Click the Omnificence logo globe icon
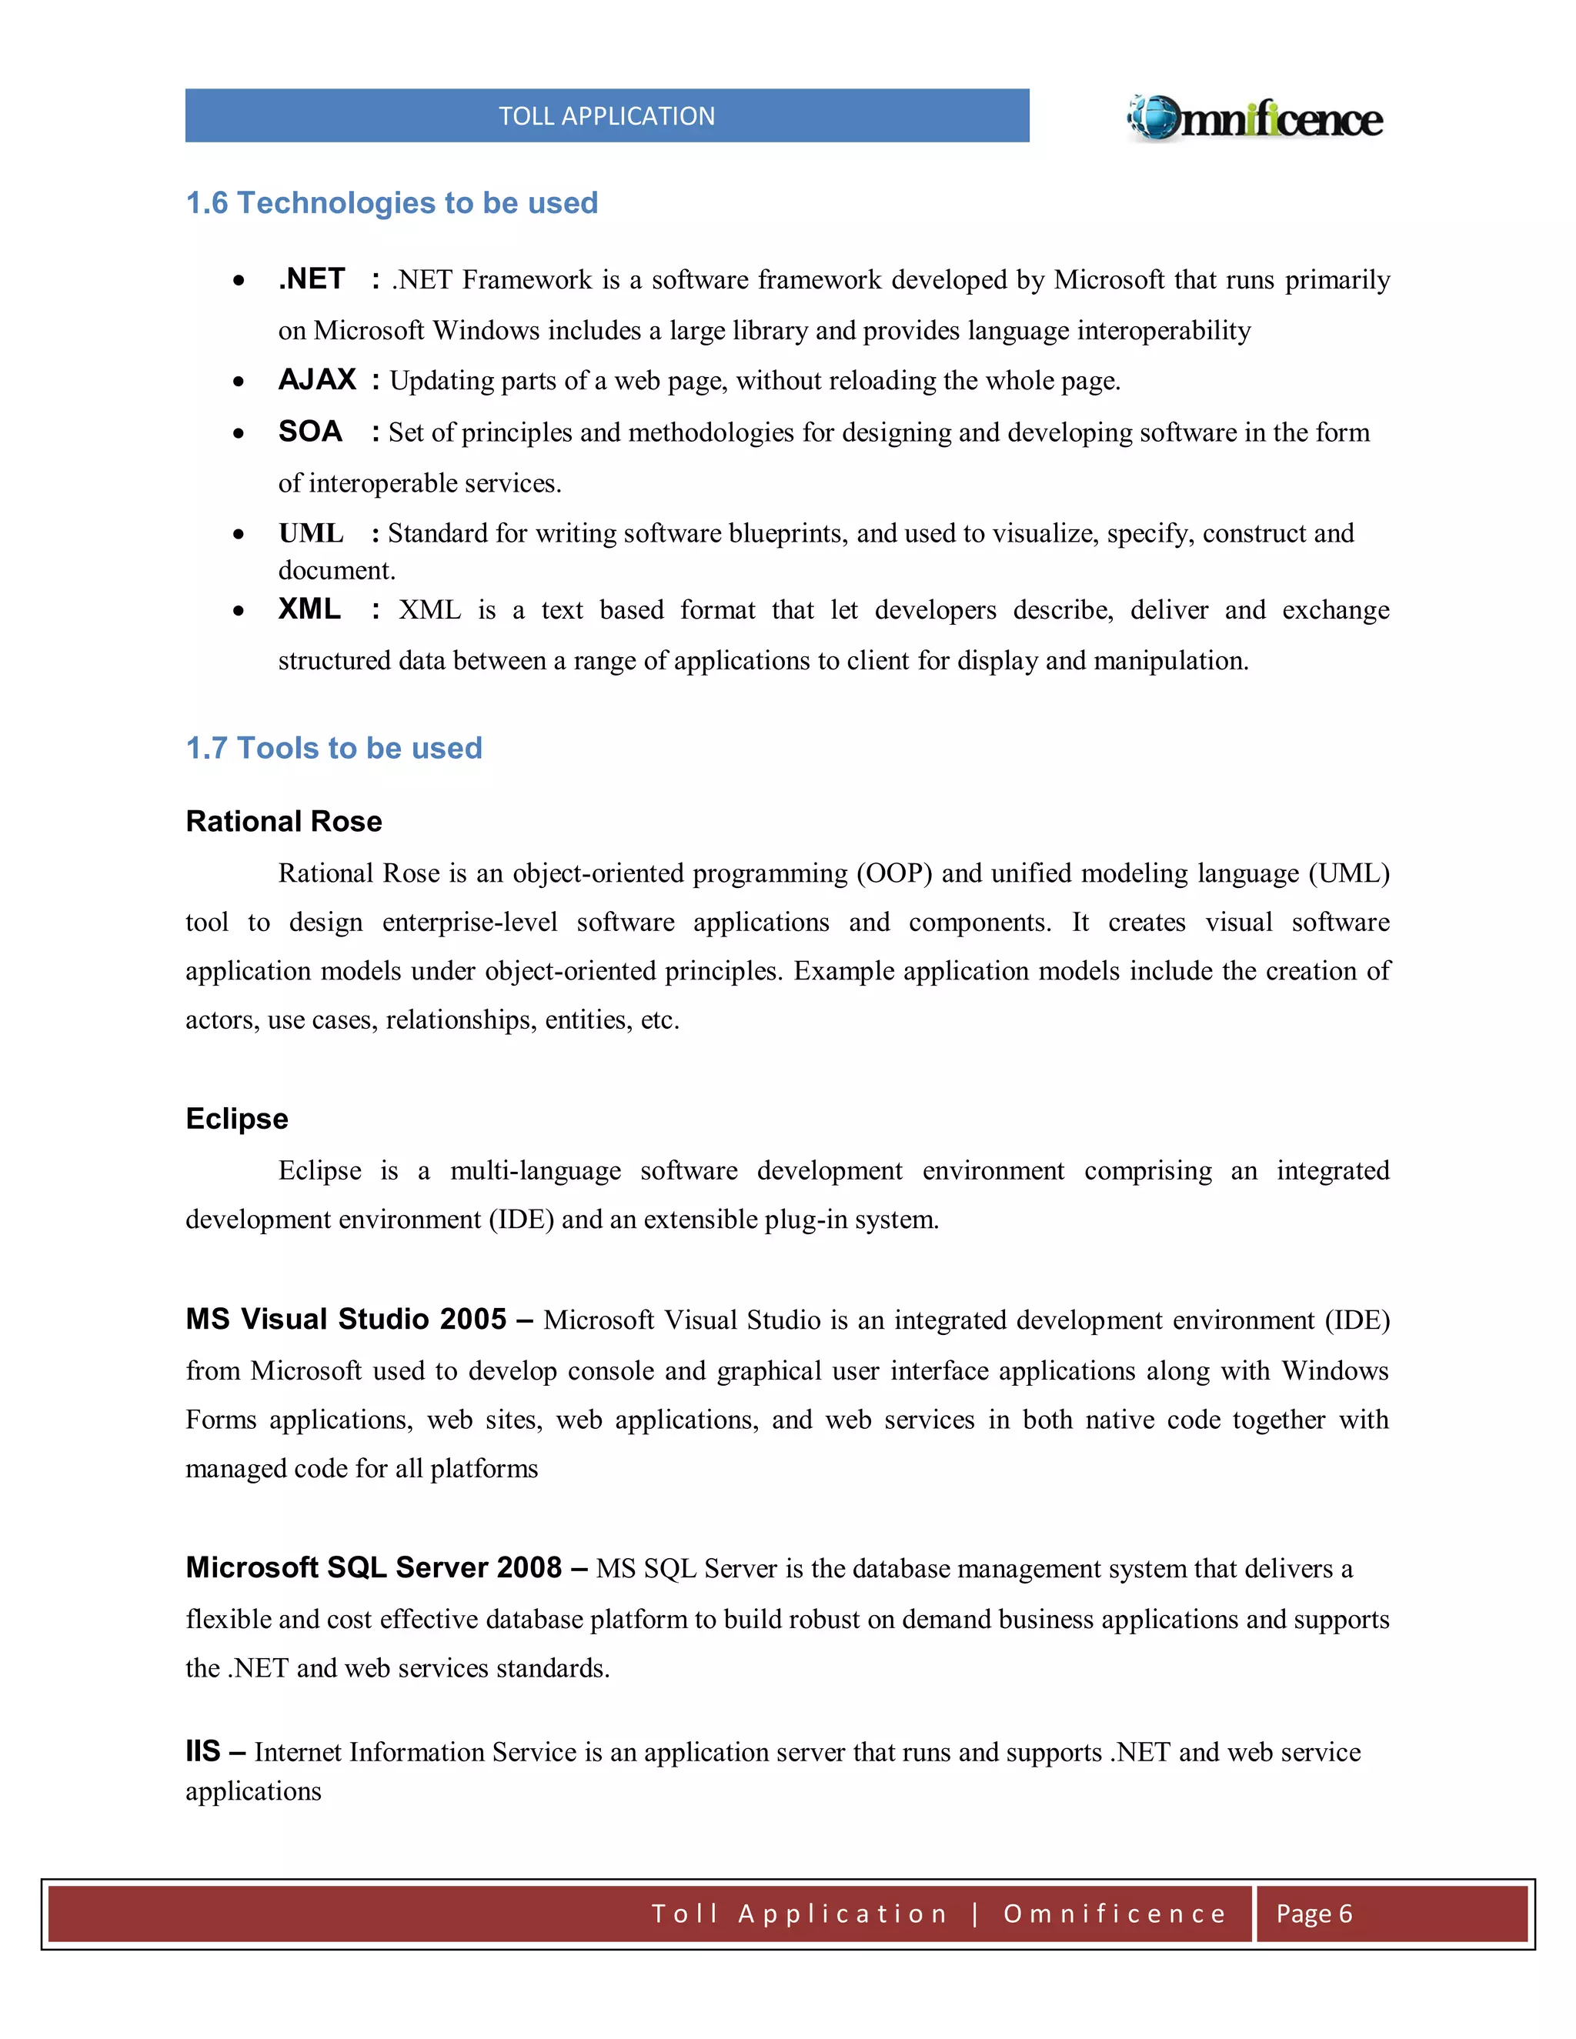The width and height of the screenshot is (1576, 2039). [x=1156, y=118]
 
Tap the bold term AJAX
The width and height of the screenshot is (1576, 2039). [x=316, y=379]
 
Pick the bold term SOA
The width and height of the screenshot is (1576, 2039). [x=310, y=432]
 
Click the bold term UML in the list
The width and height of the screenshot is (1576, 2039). [x=311, y=533]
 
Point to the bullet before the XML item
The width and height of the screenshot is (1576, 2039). [x=239, y=612]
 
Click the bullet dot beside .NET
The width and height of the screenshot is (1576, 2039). [x=239, y=281]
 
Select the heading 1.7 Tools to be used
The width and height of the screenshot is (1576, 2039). [x=333, y=748]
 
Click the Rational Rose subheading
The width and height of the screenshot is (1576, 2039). [x=284, y=822]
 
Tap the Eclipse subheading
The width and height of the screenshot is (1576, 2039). [x=236, y=1119]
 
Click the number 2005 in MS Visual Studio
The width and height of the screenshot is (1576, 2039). [x=472, y=1319]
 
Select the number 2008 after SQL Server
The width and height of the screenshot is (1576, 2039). [x=529, y=1567]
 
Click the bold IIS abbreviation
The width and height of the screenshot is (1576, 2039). [x=202, y=1751]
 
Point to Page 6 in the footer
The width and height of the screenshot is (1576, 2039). [x=1314, y=1914]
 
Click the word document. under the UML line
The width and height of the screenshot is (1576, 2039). [x=336, y=570]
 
